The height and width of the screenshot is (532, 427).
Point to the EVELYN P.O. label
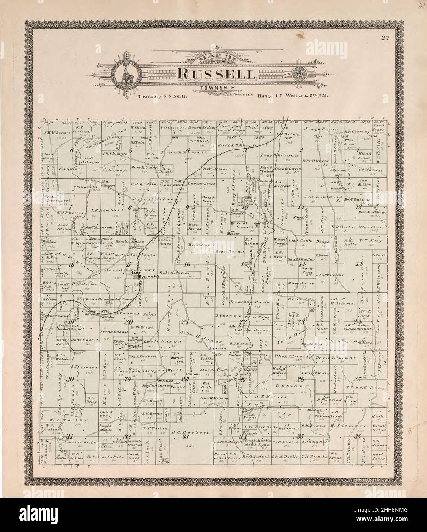tap(144, 279)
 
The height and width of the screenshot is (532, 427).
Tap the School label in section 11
tap(298, 217)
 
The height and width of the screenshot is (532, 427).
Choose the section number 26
tap(301, 379)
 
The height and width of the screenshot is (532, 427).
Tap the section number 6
tap(72, 150)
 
